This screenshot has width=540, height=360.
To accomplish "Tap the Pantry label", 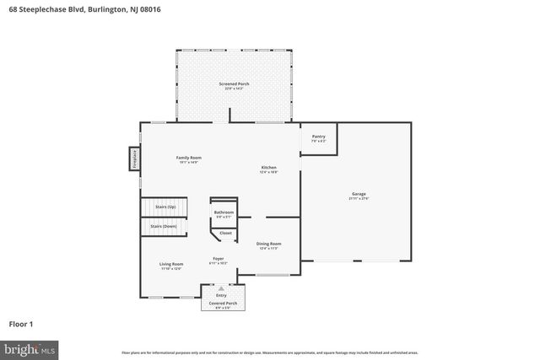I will (318, 137).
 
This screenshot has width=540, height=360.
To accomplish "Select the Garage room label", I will (359, 194).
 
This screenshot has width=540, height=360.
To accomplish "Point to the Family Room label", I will (188, 158).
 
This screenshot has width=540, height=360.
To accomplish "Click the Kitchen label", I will (268, 168).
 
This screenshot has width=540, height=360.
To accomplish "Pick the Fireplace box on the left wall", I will (133, 159).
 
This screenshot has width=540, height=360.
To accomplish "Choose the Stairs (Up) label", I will (165, 207).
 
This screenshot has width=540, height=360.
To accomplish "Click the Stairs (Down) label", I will (164, 226).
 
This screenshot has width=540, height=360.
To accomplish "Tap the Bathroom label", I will (224, 212).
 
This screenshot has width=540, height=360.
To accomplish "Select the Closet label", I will (225, 233).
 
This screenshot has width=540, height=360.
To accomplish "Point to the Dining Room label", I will (268, 244).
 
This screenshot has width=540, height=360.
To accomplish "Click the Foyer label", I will (218, 259).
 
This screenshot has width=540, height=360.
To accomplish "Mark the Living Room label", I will (171, 265).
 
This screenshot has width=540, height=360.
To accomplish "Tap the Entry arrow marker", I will (222, 287).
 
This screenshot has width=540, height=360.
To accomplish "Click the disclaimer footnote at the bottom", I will (269, 352).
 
